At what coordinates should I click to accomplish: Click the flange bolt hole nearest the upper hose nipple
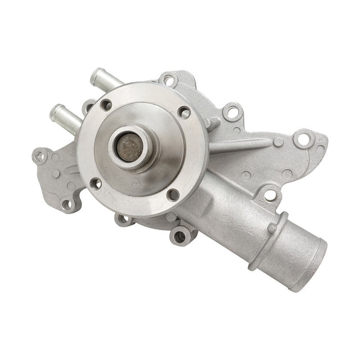click(x=106, y=105)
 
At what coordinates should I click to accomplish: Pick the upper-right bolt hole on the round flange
click(x=183, y=112)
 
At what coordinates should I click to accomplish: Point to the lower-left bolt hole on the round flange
click(x=96, y=183)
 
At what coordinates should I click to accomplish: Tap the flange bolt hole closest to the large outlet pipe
click(x=173, y=195)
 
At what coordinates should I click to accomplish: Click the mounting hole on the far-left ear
click(x=39, y=156)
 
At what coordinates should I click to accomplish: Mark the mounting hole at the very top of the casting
click(x=168, y=80)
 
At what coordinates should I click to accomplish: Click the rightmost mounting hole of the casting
click(x=304, y=138)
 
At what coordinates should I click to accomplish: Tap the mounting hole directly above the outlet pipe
click(x=270, y=195)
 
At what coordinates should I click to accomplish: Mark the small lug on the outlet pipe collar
click(x=272, y=228)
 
